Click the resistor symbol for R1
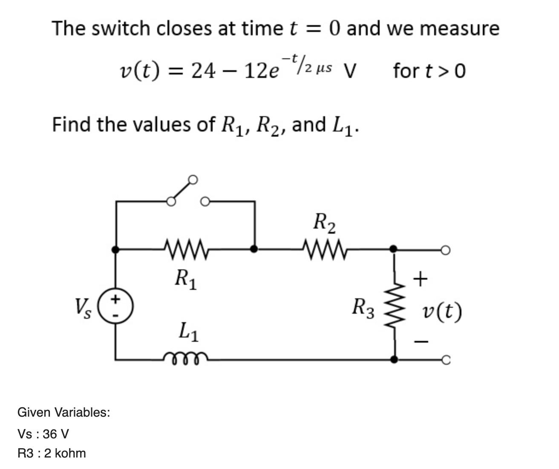pos(186,249)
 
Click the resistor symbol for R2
pos(325,249)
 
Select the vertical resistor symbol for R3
pos(395,305)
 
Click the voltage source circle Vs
pos(115,306)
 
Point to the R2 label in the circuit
pos(324,223)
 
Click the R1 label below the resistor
pos(186,279)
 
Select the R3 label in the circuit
pos(363,309)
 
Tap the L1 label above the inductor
pos(189,332)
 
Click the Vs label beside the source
pos(83,309)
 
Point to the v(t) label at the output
pos(442,312)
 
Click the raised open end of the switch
pos(193,180)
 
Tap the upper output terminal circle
pos(446,250)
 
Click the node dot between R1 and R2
pos(254,249)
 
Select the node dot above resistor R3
pos(393,249)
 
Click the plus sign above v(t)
pos(421,279)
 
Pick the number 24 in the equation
pos(203,71)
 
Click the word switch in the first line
pos(121,29)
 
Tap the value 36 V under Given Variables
pos(56,434)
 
